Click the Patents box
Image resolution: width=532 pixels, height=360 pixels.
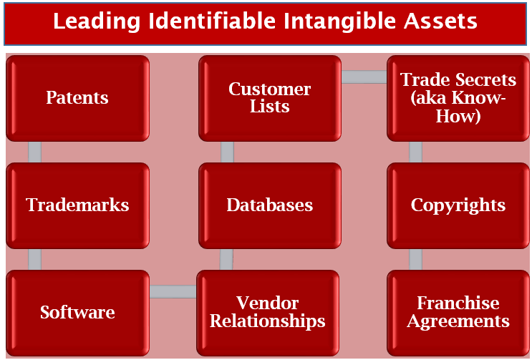click(x=78, y=98)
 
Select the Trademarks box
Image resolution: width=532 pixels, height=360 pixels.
click(x=78, y=205)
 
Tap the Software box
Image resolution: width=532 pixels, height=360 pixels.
click(x=78, y=313)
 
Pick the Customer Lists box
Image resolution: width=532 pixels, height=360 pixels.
click(x=270, y=98)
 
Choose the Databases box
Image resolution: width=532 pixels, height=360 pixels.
click(x=270, y=205)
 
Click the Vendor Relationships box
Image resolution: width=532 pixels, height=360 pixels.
click(x=268, y=313)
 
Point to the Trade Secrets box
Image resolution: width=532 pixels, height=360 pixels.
click(x=458, y=98)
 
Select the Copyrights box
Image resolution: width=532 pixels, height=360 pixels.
click(x=458, y=205)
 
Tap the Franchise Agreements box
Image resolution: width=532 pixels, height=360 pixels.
click(x=458, y=313)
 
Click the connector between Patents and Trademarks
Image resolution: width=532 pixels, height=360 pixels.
click(x=34, y=152)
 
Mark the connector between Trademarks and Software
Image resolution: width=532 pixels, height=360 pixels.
click(x=34, y=260)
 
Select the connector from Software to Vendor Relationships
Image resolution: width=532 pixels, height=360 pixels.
click(x=173, y=291)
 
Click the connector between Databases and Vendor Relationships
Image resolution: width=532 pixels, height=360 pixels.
click(x=226, y=260)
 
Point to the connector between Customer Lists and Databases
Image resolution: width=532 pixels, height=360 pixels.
click(x=227, y=152)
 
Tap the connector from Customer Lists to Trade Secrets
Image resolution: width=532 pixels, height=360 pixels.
click(x=364, y=77)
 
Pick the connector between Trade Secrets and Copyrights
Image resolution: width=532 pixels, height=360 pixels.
click(x=415, y=152)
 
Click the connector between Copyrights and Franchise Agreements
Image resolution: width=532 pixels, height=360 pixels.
click(x=415, y=260)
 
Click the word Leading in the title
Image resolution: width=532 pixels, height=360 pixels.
click(x=97, y=21)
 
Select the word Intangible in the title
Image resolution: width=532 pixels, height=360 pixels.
click(x=340, y=21)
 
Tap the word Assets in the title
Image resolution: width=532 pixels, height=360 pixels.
click(x=440, y=21)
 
